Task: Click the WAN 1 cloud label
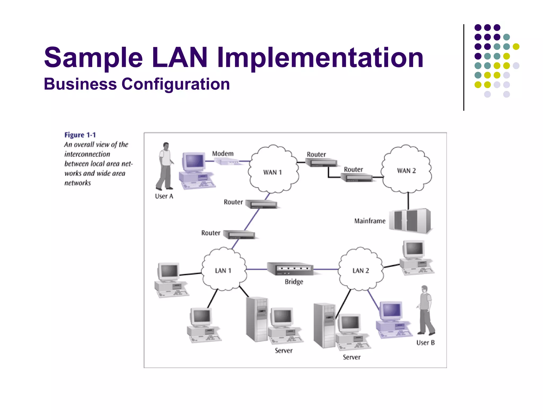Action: tap(272, 172)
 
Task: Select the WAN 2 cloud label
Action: tap(406, 171)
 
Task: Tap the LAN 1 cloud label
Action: tap(223, 271)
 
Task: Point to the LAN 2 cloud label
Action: tap(361, 271)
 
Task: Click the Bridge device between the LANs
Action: tap(290, 269)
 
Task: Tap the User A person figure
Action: tap(165, 166)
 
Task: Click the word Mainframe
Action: tap(370, 221)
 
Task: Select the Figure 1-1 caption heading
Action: tap(80, 135)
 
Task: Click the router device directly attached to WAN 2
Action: tap(357, 177)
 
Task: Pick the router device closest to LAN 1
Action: tap(239, 235)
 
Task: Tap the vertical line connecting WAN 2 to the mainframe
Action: tap(408, 201)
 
